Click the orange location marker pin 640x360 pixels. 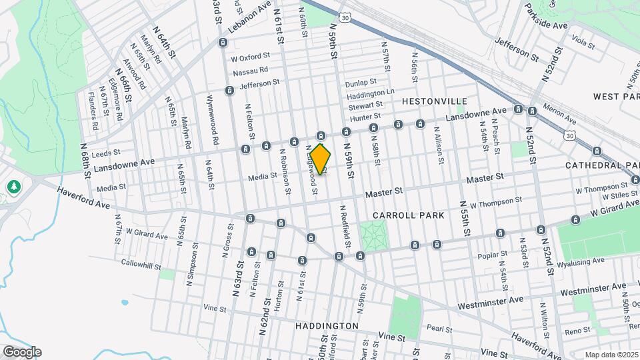(x=321, y=159)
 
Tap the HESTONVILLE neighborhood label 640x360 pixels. (x=434, y=101)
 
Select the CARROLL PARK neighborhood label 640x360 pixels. (x=409, y=215)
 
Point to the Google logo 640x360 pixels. (x=21, y=352)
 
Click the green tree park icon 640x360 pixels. (x=13, y=187)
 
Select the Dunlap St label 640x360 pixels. (x=361, y=84)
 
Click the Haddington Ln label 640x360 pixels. (x=371, y=93)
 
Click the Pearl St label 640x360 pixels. (x=440, y=329)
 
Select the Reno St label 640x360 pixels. (x=577, y=331)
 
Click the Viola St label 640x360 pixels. (x=583, y=44)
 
